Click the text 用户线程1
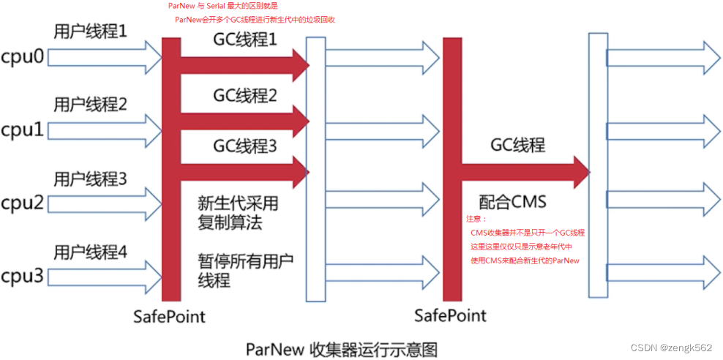(x=90, y=31)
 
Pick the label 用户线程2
(x=90, y=105)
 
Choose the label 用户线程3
(x=90, y=178)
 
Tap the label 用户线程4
(x=90, y=252)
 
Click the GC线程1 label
(x=245, y=40)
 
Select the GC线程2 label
(x=245, y=95)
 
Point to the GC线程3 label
(x=245, y=146)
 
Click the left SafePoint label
(x=169, y=316)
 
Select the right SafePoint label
(x=450, y=316)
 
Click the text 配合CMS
(x=514, y=201)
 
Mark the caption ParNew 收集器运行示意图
(x=341, y=348)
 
